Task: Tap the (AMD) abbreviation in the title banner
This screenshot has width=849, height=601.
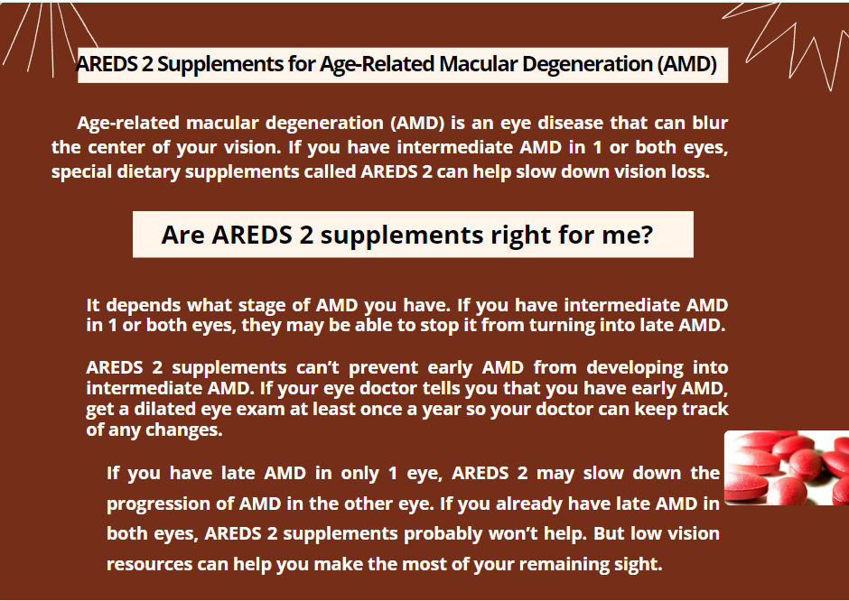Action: (x=687, y=64)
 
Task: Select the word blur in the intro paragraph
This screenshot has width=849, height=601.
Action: (x=710, y=123)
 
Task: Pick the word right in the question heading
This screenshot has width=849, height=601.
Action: (x=522, y=236)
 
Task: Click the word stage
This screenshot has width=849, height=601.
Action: (x=262, y=306)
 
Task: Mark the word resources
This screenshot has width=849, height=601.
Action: (x=149, y=565)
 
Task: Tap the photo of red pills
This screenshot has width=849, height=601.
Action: (x=787, y=468)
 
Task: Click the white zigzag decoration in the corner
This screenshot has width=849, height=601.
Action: (x=790, y=43)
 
